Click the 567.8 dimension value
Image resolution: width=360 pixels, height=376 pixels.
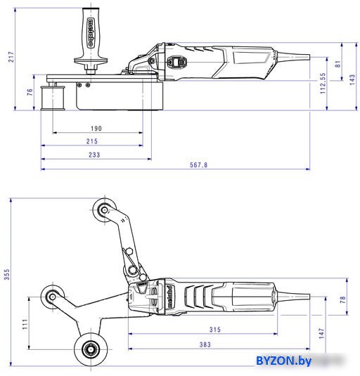(198, 165)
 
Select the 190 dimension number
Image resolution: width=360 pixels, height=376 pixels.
(96, 129)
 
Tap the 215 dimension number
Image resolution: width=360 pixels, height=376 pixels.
(92, 141)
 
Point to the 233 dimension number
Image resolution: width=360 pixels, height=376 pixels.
(94, 155)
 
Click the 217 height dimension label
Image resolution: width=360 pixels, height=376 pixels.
(11, 57)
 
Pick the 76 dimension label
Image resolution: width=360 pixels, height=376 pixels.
(30, 92)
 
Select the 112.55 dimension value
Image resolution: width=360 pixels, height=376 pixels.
(323, 83)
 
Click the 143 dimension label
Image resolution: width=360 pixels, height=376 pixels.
(352, 80)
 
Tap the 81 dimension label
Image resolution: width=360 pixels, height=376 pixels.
(337, 64)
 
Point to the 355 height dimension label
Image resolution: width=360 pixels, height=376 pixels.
(7, 274)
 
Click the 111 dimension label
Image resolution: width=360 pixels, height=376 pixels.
(25, 324)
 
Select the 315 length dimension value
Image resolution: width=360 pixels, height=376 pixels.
(215, 330)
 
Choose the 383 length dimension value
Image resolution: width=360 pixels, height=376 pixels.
(205, 344)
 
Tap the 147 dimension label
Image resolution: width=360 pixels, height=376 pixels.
(321, 334)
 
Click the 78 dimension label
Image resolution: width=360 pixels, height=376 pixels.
(343, 299)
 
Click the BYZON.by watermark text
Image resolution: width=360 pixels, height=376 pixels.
(284, 361)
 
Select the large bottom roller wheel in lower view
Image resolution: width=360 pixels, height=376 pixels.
(91, 349)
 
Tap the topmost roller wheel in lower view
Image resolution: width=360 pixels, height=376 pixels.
(104, 210)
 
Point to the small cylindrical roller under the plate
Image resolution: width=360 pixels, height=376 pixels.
(53, 98)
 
